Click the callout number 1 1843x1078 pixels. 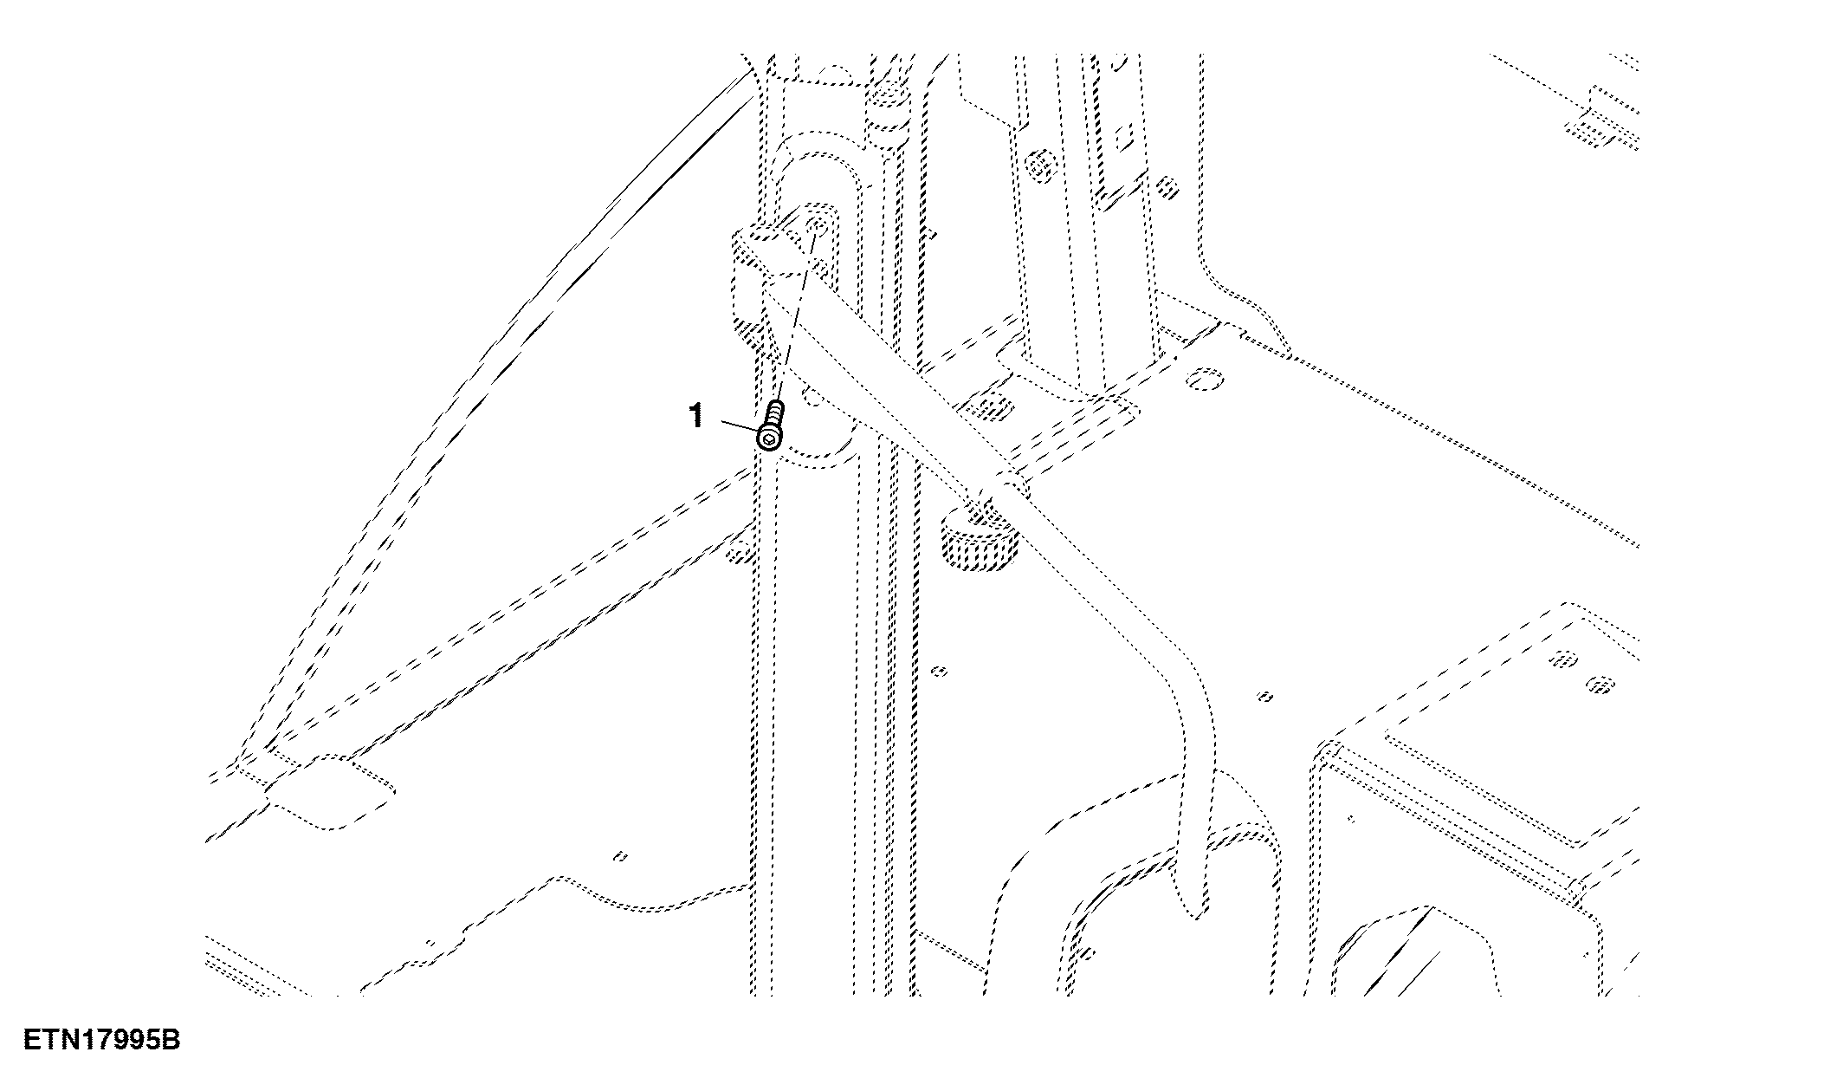[x=695, y=417]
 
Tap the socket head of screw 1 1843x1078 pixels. [x=769, y=438]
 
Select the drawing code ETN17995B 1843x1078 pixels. [x=101, y=1039]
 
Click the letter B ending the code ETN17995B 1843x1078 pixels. [x=171, y=1039]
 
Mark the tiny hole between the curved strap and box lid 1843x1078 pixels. [x=1265, y=695]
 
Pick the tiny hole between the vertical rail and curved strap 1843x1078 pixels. [x=941, y=671]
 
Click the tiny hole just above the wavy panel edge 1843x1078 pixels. [x=619, y=857]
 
